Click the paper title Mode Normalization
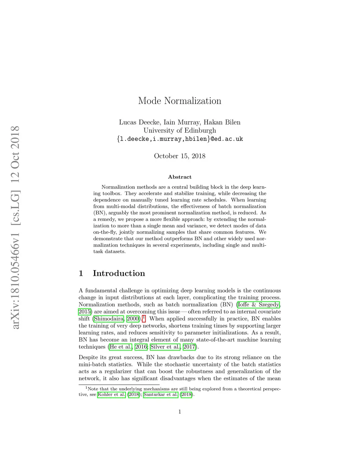(180, 101)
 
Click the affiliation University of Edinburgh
(180, 130)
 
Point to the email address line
(180, 139)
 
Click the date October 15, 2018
(180, 156)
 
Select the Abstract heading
(180, 177)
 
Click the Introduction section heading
(118, 273)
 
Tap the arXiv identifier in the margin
(15, 228)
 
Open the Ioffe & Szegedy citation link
(258, 305)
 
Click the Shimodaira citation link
(109, 319)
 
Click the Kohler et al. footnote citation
(111, 394)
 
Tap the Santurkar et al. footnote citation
(161, 394)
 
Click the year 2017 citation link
(189, 347)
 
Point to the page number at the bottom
(180, 411)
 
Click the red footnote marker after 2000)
(144, 318)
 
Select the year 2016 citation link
(141, 347)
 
